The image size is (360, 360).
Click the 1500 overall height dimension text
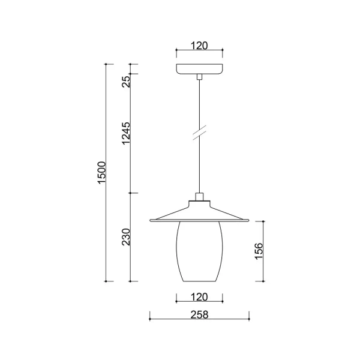102,172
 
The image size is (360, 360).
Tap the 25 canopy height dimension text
126,80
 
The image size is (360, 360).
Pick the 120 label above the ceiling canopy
199,45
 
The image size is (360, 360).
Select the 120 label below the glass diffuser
199,296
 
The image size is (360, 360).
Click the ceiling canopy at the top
199,68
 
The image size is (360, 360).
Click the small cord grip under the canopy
199,76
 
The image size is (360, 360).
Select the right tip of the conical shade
248,220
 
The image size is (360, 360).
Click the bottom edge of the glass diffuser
199,281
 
